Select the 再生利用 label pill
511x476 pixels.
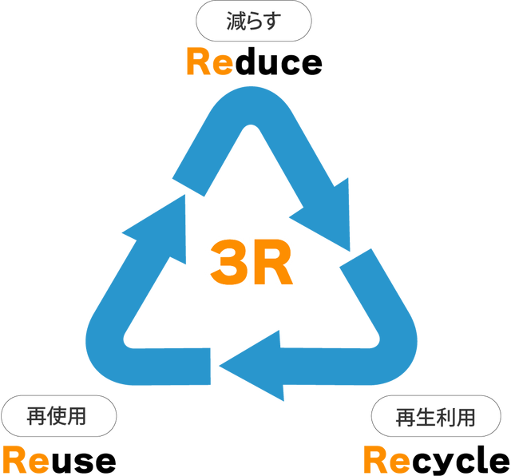[x=435, y=417]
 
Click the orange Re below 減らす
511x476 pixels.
[x=208, y=62]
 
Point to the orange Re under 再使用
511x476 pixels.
[x=25, y=459]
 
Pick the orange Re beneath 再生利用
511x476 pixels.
[x=386, y=460]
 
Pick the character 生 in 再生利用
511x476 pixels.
[x=425, y=417]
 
